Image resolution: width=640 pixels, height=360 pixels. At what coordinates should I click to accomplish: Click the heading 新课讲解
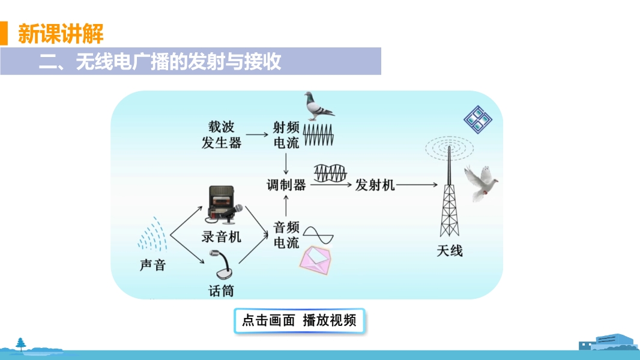click(x=61, y=33)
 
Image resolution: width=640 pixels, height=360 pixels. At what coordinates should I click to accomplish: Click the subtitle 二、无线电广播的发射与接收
click(x=160, y=62)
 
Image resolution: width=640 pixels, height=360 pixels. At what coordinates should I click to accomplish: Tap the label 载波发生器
click(x=222, y=134)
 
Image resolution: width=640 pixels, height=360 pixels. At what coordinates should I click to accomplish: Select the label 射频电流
click(x=286, y=134)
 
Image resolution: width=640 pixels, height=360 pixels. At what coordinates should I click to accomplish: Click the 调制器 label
click(x=286, y=184)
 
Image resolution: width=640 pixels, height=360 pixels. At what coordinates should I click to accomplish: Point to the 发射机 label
click(x=375, y=184)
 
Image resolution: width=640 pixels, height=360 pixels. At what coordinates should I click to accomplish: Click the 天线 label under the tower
click(x=449, y=250)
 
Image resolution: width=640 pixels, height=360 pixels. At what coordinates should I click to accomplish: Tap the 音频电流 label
click(x=286, y=235)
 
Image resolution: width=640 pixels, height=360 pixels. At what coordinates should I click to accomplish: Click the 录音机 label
click(x=221, y=236)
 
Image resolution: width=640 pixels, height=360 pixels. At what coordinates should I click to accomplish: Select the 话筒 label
click(x=221, y=291)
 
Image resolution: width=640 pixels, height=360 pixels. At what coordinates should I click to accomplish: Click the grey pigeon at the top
click(x=318, y=104)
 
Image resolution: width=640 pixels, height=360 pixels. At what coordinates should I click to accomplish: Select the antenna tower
click(x=449, y=192)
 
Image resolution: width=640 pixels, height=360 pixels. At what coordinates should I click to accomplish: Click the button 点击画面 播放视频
click(x=299, y=320)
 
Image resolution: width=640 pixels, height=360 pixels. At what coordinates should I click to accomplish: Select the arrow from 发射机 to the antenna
click(x=417, y=185)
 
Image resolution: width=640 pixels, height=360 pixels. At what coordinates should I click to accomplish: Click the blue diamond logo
click(x=477, y=119)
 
